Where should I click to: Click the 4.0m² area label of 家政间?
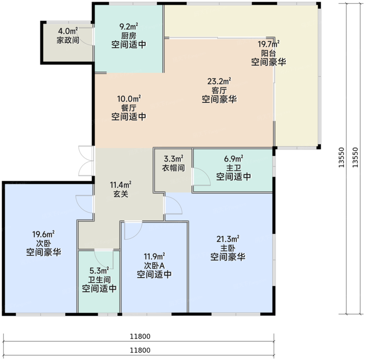[x=68, y=31]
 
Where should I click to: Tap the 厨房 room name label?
[x=128, y=36]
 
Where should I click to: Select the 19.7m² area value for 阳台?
[x=269, y=44]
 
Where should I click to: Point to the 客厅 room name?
[x=219, y=90]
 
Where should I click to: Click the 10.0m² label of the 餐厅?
[x=129, y=99]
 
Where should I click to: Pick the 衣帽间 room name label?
[x=174, y=168]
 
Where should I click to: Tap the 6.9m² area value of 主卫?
[x=234, y=159]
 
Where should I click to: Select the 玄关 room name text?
[x=120, y=194]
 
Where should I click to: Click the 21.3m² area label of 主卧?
[x=228, y=239]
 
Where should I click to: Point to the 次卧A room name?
[x=154, y=265]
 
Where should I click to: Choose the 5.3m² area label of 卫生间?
[x=99, y=271]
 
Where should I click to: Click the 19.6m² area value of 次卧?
[x=43, y=234]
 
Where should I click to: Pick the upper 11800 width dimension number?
[x=140, y=336]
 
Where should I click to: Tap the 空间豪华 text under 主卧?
[x=228, y=257]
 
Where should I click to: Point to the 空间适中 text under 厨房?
[x=128, y=44]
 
